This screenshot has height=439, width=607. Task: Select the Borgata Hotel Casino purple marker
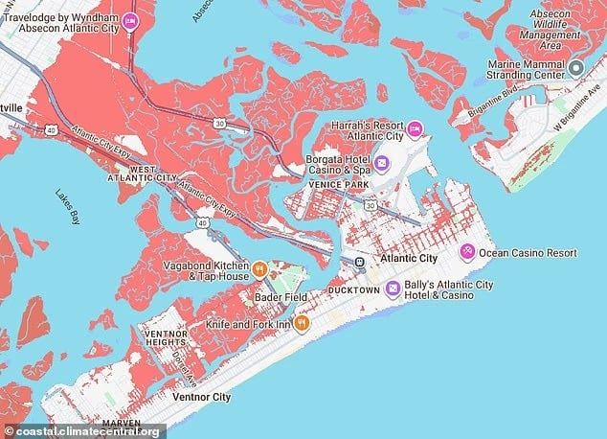pyautogui.click(x=381, y=164)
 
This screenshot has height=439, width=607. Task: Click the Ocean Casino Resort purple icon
pyautogui.click(x=466, y=252)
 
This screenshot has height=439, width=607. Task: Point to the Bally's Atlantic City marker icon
pyautogui.click(x=393, y=289)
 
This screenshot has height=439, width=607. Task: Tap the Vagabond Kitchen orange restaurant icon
pyautogui.click(x=259, y=267)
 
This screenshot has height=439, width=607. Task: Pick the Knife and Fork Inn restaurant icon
pyautogui.click(x=302, y=324)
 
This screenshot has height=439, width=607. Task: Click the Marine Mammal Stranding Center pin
pyautogui.click(x=576, y=68)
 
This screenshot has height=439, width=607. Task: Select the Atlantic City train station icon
pyautogui.click(x=360, y=261)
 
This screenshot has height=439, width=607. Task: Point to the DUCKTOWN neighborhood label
pyautogui.click(x=353, y=289)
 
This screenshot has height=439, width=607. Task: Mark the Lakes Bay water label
pyautogui.click(x=68, y=206)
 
